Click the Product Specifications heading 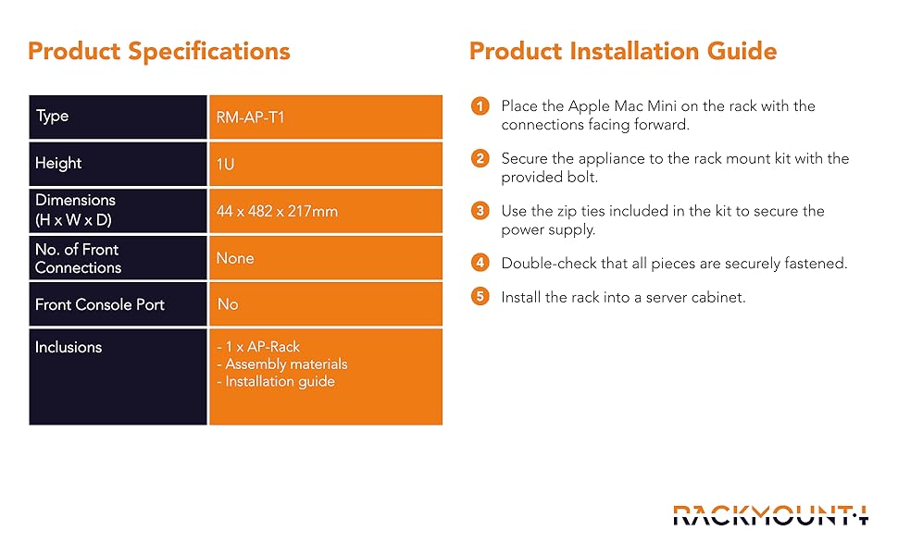tap(158, 51)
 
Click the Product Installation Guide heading tap(622, 51)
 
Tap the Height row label tap(58, 163)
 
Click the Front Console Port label tap(99, 304)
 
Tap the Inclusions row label tap(69, 348)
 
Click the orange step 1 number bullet tap(480, 106)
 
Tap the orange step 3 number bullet tap(480, 211)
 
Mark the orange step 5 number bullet tap(480, 298)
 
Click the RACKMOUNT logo tap(770, 514)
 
